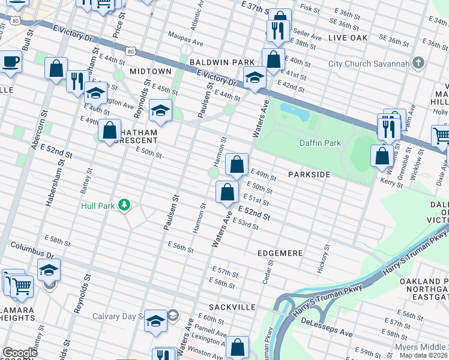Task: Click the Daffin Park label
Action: coord(320,143)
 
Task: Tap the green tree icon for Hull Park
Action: coord(124,206)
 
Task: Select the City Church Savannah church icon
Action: coord(419,64)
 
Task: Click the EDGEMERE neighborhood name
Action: coord(280,253)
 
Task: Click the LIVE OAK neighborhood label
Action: coord(348,38)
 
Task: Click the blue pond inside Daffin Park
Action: coord(292,110)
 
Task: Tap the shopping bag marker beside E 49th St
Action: coord(237,164)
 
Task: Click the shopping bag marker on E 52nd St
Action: coord(227,193)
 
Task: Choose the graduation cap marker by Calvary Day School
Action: coord(155,321)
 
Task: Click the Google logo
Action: coord(20,353)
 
